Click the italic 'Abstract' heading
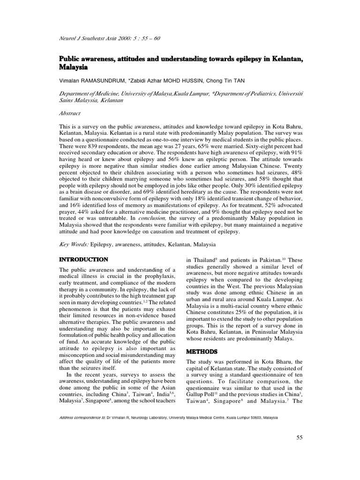click(70, 113)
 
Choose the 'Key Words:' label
click(74, 244)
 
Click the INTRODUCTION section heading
click(83, 259)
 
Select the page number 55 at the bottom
click(300, 438)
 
